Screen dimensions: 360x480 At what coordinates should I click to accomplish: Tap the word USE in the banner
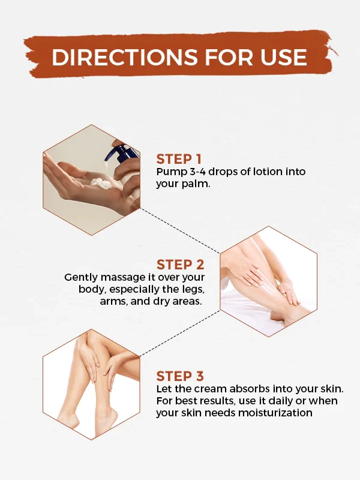(x=283, y=57)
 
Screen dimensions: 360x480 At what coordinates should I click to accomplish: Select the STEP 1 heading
(x=179, y=159)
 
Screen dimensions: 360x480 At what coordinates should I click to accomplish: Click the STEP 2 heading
(x=181, y=265)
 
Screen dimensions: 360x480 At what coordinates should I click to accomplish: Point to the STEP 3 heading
(x=180, y=376)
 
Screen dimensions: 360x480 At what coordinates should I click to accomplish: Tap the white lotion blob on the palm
(x=101, y=182)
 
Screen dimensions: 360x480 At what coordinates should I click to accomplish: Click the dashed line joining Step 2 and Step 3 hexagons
(x=180, y=334)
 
